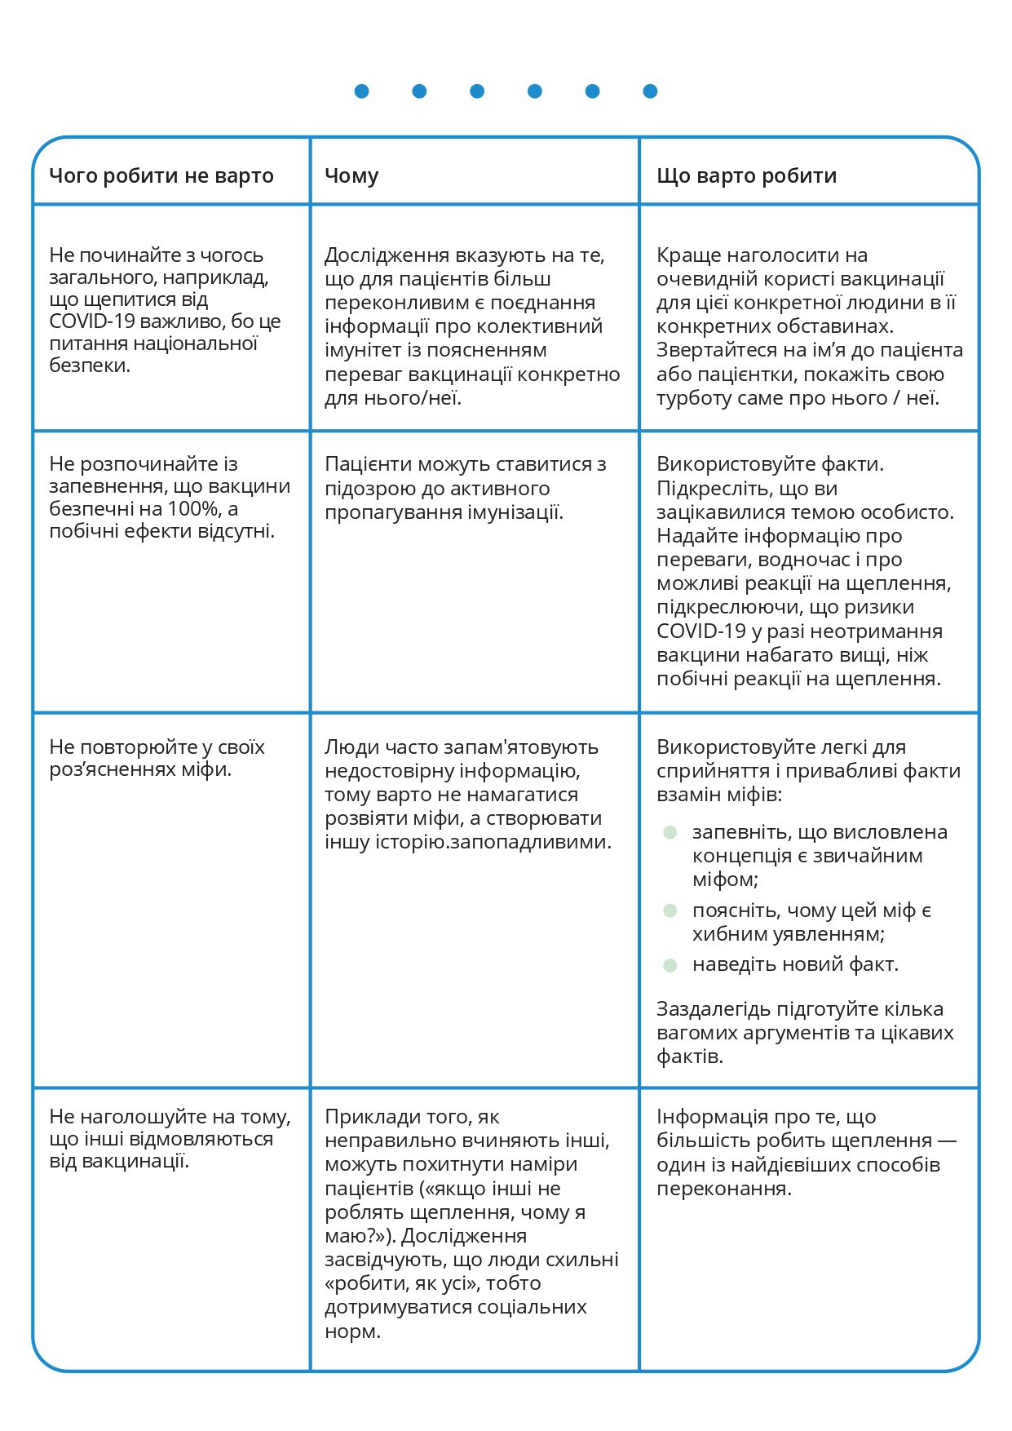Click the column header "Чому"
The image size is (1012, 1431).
351,176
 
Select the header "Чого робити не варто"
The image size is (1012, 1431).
161,176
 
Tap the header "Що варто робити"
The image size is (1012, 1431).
746,176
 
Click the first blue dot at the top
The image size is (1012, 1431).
362,91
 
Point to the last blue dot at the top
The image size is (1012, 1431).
650,91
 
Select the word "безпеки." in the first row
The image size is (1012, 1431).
90,366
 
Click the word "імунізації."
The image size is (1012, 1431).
514,512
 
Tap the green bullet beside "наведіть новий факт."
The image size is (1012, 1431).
670,965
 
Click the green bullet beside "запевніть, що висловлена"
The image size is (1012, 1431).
670,833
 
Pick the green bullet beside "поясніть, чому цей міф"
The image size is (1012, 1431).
670,910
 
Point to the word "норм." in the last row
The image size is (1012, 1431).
352,1331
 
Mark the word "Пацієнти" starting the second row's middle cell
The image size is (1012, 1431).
368,464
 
